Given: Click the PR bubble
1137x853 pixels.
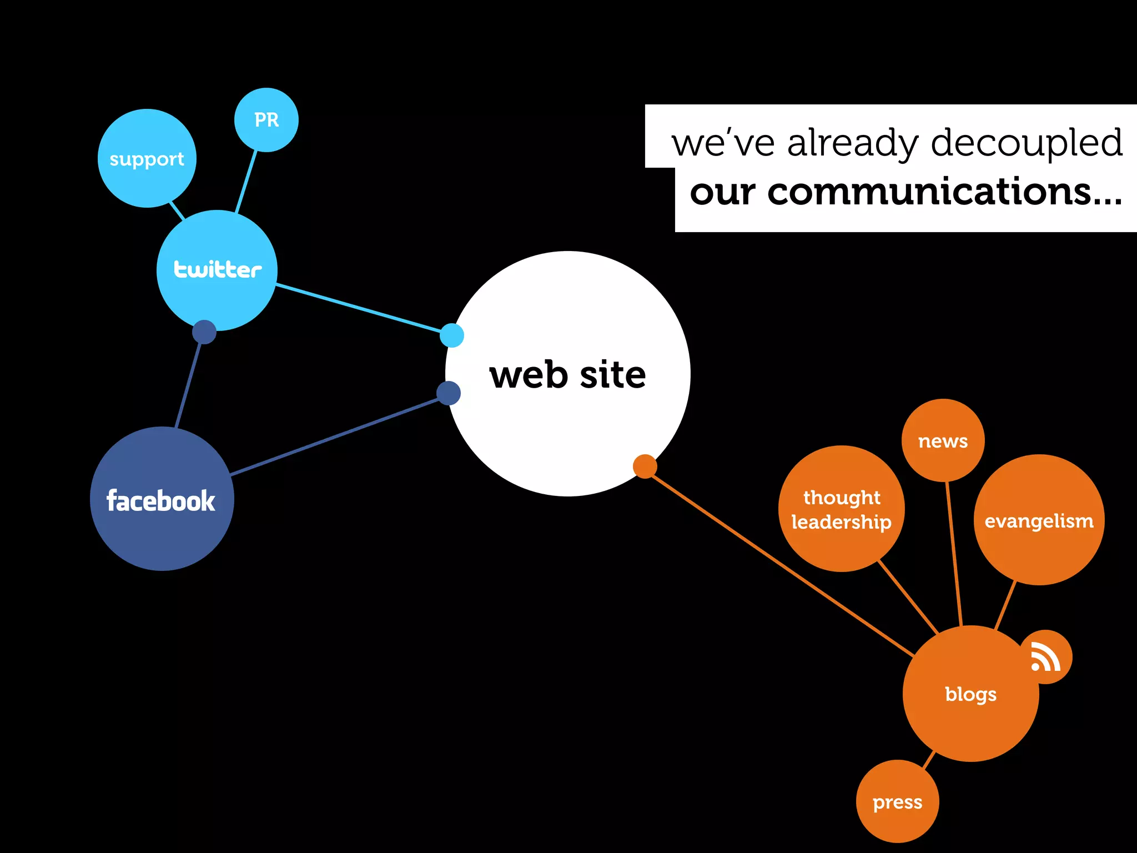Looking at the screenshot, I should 266,120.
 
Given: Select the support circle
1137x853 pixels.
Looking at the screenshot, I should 147,159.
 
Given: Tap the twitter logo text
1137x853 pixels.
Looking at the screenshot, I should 218,269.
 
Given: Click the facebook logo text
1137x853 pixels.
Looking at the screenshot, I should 161,500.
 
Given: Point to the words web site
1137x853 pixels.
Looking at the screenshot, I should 567,375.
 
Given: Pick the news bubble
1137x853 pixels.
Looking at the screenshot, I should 943,441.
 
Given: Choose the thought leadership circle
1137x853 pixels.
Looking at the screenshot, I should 841,509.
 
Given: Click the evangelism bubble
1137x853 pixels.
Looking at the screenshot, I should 1039,520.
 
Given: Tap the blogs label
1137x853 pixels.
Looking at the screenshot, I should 970,694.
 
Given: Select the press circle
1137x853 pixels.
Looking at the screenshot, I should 897,802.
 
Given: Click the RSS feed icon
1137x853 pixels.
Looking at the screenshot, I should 1046,657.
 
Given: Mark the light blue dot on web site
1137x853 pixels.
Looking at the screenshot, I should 452,335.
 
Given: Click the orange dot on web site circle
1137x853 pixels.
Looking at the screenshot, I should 645,466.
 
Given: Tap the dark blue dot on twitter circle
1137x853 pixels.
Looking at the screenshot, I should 204,332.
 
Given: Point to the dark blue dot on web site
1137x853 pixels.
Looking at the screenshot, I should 449,393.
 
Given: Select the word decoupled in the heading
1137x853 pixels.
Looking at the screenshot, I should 1027,143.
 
